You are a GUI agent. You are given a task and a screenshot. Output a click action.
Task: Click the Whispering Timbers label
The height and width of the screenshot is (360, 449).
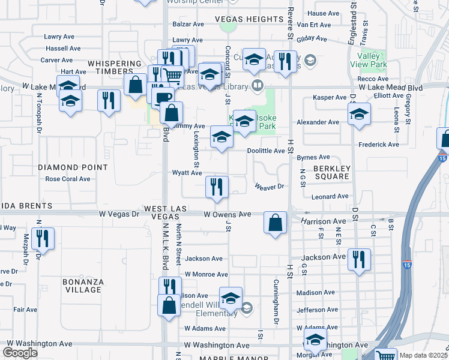[115, 67]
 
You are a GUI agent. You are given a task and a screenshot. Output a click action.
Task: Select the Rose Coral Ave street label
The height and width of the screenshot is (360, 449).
[68, 179]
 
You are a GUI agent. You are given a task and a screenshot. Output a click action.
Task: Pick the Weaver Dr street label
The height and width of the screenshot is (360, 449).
[268, 187]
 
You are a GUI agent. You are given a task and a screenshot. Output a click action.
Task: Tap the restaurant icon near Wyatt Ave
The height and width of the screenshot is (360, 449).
[217, 187]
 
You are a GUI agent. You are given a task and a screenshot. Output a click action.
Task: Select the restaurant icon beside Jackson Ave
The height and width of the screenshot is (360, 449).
[359, 260]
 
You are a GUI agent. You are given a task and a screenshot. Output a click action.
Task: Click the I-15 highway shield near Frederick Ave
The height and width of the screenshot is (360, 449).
[442, 158]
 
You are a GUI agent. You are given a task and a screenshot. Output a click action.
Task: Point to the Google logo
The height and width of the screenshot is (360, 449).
[20, 353]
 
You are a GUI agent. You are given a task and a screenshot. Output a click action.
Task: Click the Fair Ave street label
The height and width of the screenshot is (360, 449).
[26, 310]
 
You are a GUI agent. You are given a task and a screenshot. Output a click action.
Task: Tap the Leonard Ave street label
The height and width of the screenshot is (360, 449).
[330, 196]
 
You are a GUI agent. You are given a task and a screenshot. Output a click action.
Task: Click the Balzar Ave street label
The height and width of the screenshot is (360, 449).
[188, 24]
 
